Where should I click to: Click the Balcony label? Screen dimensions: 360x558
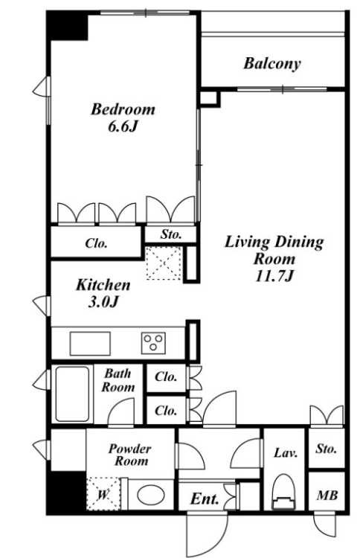pyautogui.click(x=271, y=64)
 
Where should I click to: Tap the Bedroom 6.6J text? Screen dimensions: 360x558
pyautogui.click(x=123, y=118)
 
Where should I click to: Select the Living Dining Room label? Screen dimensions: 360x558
pyautogui.click(x=274, y=259)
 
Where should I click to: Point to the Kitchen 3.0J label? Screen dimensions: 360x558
pyautogui.click(x=103, y=293)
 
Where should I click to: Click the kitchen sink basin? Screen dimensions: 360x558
pyautogui.click(x=90, y=344)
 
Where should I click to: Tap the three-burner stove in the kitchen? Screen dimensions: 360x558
pyautogui.click(x=153, y=343)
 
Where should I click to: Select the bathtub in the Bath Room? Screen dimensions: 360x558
pyautogui.click(x=72, y=394)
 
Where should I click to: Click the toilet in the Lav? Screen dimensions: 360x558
pyautogui.click(x=284, y=493)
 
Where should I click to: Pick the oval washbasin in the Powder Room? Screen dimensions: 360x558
pyautogui.click(x=151, y=495)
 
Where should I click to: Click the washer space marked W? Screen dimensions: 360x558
pyautogui.click(x=103, y=494)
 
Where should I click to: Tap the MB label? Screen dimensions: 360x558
pyautogui.click(x=327, y=495)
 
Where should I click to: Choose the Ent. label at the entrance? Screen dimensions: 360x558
pyautogui.click(x=205, y=498)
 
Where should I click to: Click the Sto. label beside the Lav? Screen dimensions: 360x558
pyautogui.click(x=327, y=449)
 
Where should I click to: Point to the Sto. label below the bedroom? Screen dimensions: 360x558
pyautogui.click(x=171, y=234)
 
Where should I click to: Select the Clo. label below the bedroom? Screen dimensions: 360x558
pyautogui.click(x=96, y=243)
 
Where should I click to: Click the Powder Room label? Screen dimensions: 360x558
pyautogui.click(x=131, y=455)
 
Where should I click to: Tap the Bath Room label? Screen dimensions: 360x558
pyautogui.click(x=118, y=380)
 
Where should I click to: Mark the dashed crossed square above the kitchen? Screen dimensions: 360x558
pyautogui.click(x=164, y=263)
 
